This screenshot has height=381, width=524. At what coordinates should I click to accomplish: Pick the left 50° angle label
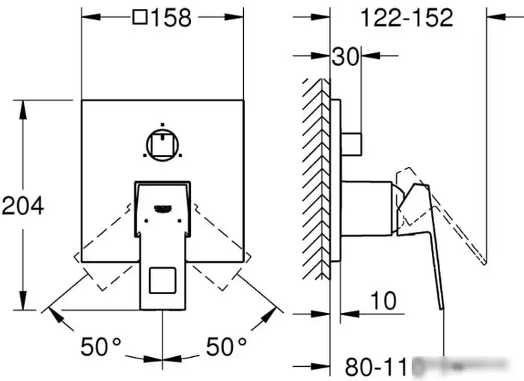pyautogui.click(x=100, y=347)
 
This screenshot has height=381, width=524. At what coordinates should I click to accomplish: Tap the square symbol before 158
pyautogui.click(x=139, y=19)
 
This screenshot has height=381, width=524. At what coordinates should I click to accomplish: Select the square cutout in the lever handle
pyautogui.click(x=162, y=281)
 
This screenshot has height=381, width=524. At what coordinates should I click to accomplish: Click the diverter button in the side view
pyautogui.click(x=352, y=141)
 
